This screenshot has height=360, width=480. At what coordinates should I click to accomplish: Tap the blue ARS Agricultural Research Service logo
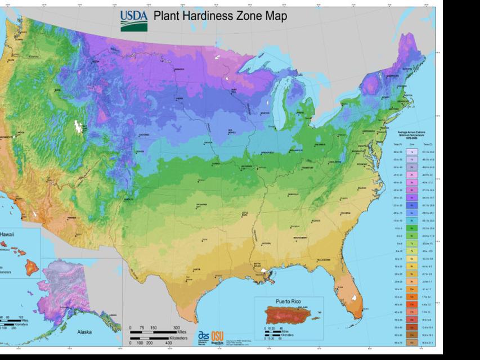click(203, 337)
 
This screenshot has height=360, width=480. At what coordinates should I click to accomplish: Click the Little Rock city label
click(245, 214)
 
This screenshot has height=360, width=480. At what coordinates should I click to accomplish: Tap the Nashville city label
click(293, 194)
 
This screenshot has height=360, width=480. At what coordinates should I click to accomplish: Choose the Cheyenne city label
click(144, 135)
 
